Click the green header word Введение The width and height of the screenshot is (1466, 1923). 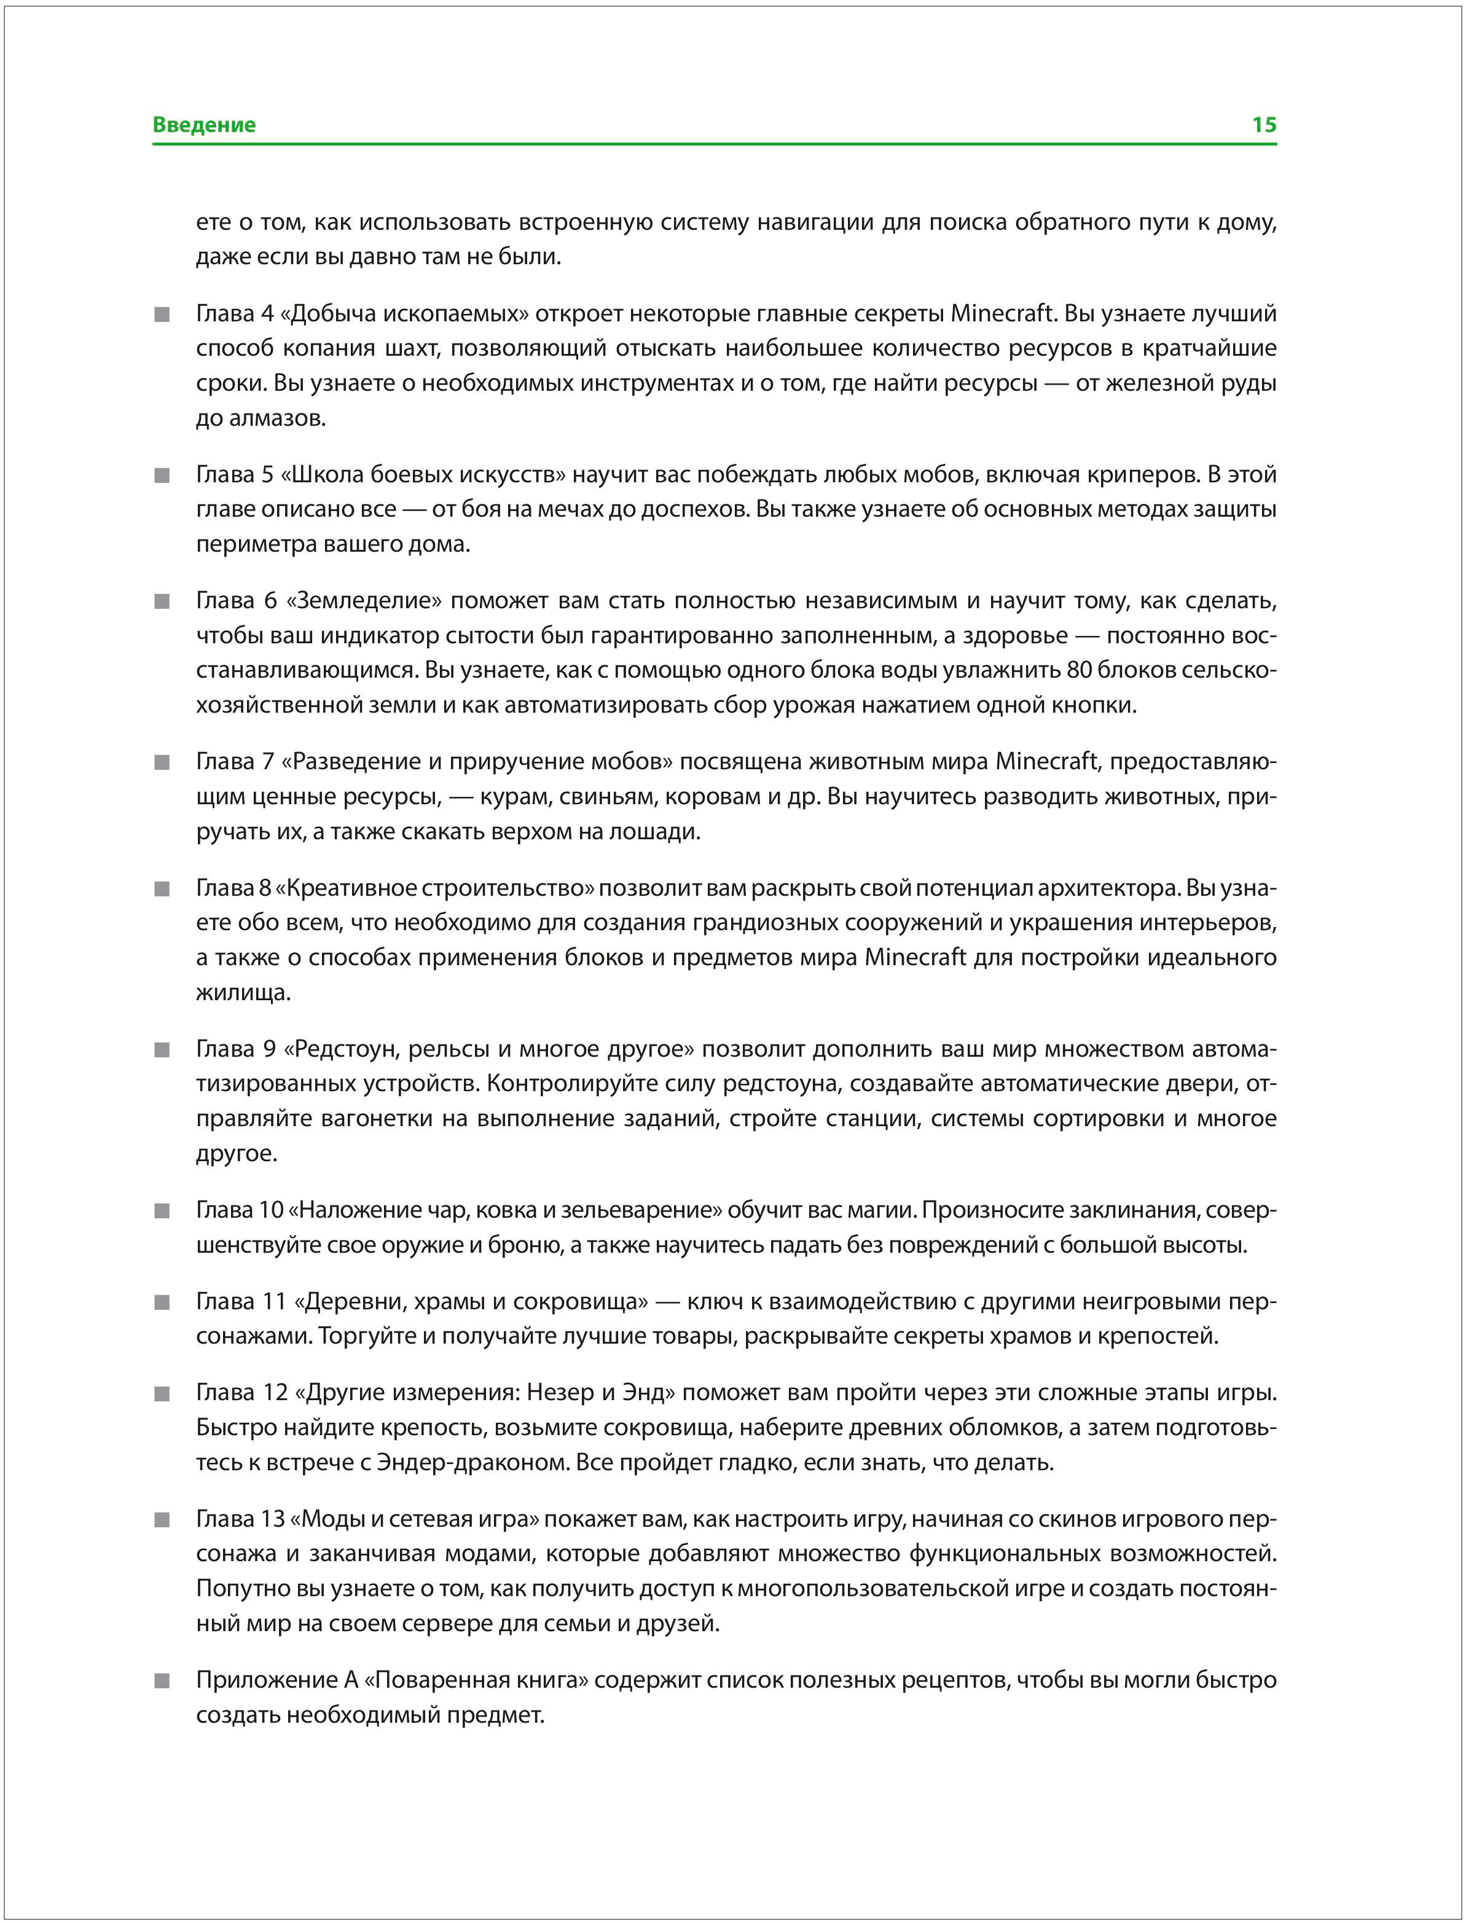(x=204, y=125)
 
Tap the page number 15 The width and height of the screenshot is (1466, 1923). (x=1264, y=125)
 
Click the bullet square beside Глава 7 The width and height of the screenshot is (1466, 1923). (x=162, y=762)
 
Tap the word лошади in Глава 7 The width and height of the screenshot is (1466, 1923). (x=660, y=831)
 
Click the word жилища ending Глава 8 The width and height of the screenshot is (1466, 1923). (x=240, y=993)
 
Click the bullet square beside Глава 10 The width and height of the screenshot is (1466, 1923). (x=162, y=1211)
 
